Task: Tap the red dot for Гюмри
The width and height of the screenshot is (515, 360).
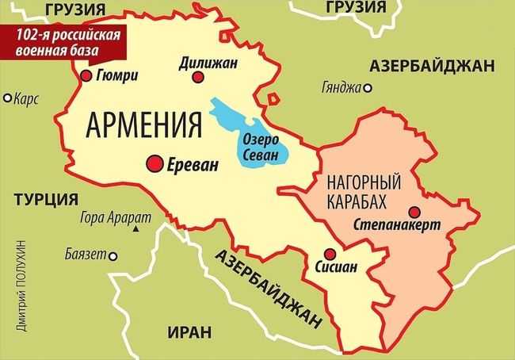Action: click(86, 76)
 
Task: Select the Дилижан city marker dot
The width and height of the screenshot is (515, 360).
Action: click(198, 77)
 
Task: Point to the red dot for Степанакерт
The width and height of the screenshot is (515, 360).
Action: click(414, 211)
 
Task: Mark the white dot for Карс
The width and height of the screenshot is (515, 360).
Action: click(8, 98)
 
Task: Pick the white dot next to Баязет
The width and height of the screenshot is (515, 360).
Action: click(113, 255)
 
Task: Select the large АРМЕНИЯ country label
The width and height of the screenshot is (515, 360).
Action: click(141, 124)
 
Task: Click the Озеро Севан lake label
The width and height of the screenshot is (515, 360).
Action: click(261, 148)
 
